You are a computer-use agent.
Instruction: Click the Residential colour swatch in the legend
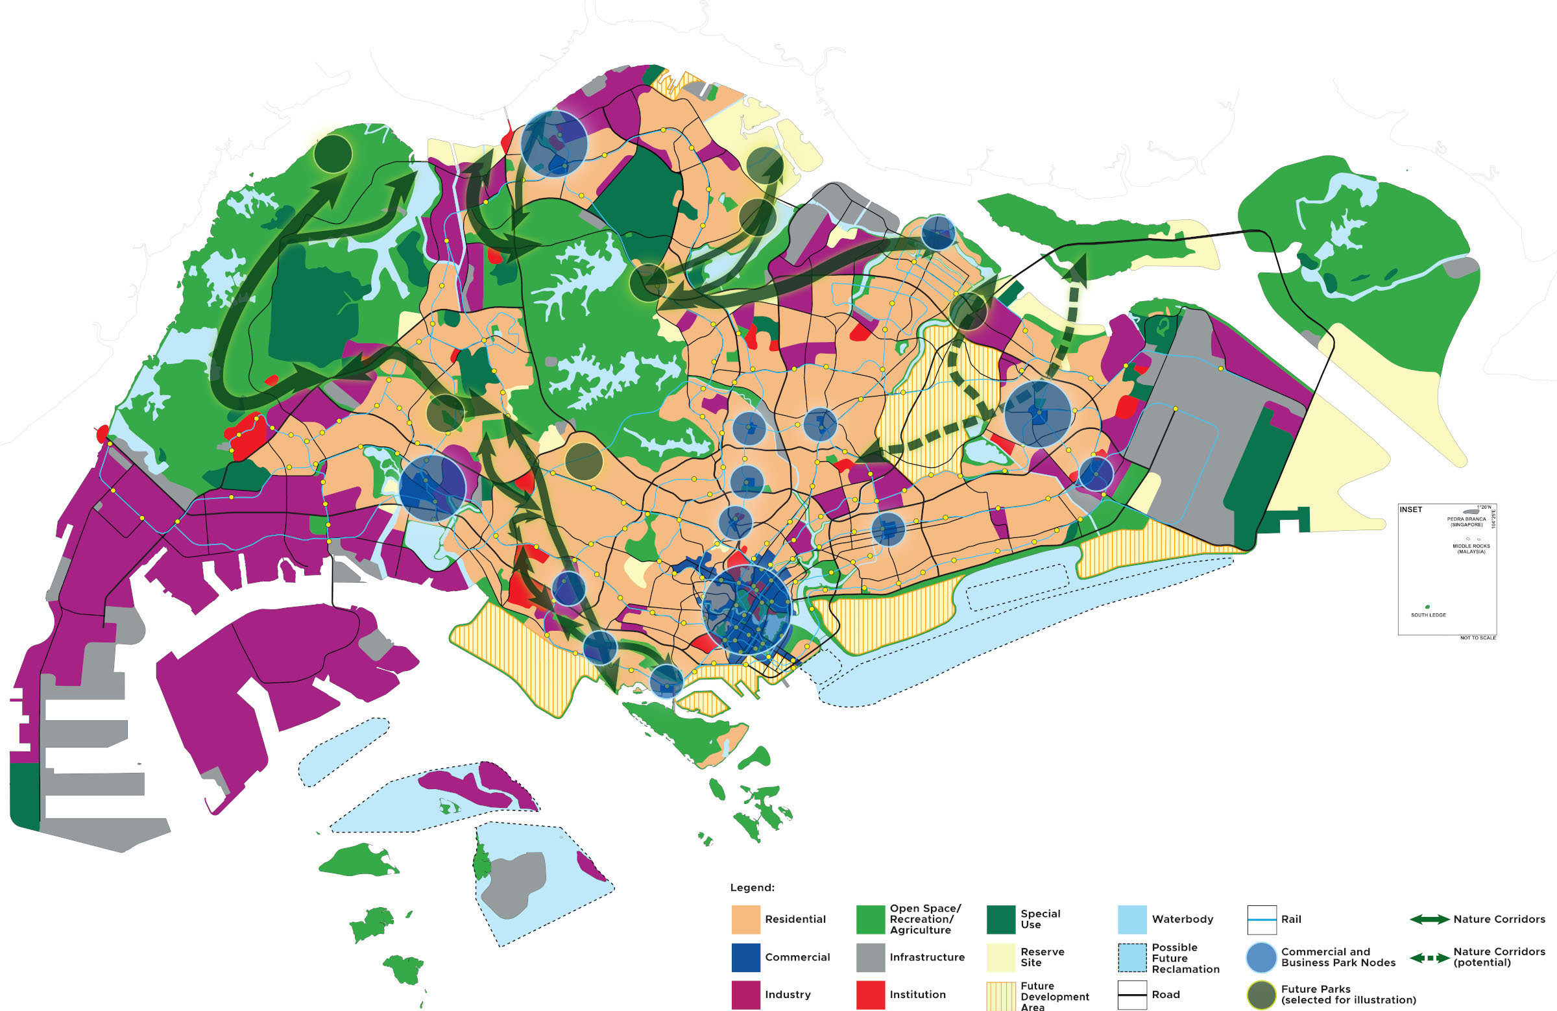pos(745,919)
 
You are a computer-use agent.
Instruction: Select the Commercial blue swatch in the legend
pos(745,956)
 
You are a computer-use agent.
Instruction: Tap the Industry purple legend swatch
pos(745,994)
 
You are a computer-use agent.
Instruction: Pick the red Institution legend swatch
pos(870,994)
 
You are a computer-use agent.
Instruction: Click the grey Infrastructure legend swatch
pos(870,956)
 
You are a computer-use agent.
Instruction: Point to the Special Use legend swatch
pos(1000,919)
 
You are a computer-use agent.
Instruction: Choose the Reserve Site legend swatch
pos(1000,956)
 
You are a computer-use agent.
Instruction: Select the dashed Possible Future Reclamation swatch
pos(1132,956)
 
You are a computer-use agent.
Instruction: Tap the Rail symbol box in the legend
pos(1261,919)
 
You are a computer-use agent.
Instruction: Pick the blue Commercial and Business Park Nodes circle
pos(1261,956)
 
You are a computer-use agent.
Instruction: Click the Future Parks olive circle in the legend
pos(1261,995)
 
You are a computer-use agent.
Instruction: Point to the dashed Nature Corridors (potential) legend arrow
pos(1429,958)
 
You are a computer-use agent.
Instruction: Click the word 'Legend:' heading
pos(752,887)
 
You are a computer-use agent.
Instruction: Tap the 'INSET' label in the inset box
pos(1410,509)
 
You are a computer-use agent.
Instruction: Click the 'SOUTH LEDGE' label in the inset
pos(1428,615)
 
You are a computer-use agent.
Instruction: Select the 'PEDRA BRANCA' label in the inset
pos(1466,519)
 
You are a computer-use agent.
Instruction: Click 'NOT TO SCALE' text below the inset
pos(1478,637)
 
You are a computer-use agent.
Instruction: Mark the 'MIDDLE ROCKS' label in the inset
pos(1471,548)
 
